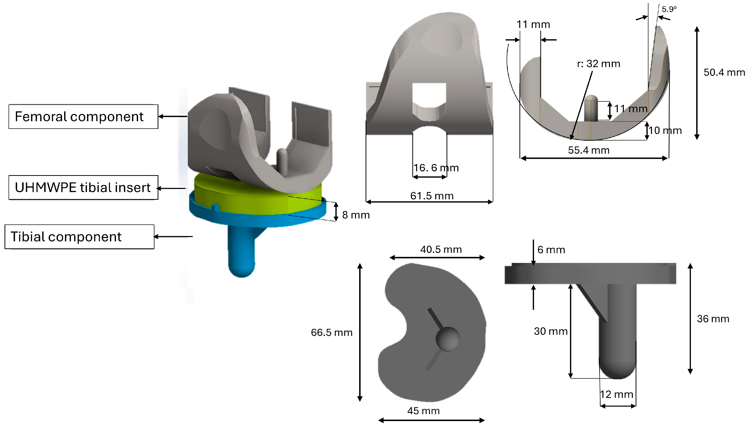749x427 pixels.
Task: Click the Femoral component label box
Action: pyautogui.click(x=83, y=117)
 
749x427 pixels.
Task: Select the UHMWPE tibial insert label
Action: pyautogui.click(x=83, y=188)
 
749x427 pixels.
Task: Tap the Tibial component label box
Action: pyautogui.click(x=79, y=237)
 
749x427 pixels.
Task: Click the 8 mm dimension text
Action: pyautogui.click(x=356, y=215)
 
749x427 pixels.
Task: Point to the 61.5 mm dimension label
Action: pyautogui.click(x=432, y=196)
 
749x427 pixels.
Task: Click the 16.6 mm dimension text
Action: pyautogui.click(x=436, y=168)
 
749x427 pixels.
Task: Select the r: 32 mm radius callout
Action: pyautogui.click(x=598, y=64)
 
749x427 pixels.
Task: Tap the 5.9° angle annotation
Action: pyautogui.click(x=669, y=9)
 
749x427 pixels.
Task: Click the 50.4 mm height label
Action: pyautogui.click(x=724, y=72)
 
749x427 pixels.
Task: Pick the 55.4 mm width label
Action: pyautogui.click(x=588, y=150)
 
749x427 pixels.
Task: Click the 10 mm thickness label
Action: pyautogui.click(x=665, y=131)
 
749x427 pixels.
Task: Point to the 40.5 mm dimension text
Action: pyautogui.click(x=441, y=249)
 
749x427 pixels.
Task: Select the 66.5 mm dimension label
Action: pyautogui.click(x=331, y=332)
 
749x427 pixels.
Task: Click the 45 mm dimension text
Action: pyautogui.click(x=423, y=411)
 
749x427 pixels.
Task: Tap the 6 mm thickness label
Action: pyautogui.click(x=551, y=250)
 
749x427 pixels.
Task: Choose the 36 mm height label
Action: pyautogui.click(x=713, y=319)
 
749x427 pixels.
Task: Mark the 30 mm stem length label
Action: pyautogui.click(x=550, y=331)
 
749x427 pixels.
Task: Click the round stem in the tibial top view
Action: pyautogui.click(x=448, y=339)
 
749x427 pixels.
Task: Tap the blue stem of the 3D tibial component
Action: pyautogui.click(x=241, y=252)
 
